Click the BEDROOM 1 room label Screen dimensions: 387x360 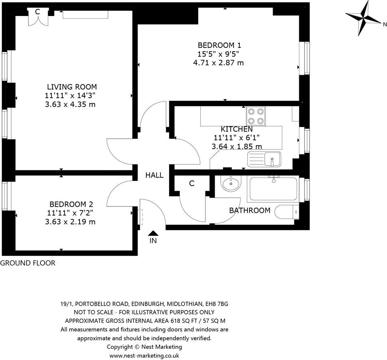click(x=219, y=45)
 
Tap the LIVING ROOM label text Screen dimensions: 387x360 click(x=72, y=87)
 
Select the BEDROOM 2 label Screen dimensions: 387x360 click(x=71, y=204)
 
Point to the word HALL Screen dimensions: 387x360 click(x=154, y=175)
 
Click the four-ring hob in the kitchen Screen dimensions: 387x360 click(x=256, y=116)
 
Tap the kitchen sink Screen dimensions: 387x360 click(x=264, y=159)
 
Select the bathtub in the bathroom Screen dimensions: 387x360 click(x=273, y=189)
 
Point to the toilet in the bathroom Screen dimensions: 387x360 click(x=287, y=212)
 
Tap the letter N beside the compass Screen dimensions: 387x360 click(x=385, y=24)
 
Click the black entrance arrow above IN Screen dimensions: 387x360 click(x=153, y=233)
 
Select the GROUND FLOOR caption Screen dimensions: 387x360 click(x=28, y=263)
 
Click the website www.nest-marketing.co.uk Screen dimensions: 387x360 click(x=144, y=356)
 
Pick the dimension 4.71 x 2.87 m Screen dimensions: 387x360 click(x=218, y=63)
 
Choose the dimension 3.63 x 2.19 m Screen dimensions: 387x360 click(x=70, y=222)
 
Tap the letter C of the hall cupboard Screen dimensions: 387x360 click(x=192, y=184)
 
